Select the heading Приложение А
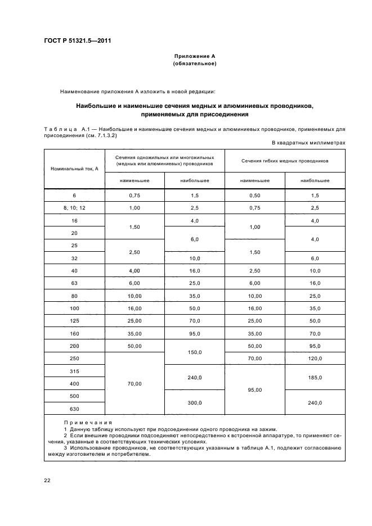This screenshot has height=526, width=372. (195, 56)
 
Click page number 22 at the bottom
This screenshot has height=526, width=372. (47, 479)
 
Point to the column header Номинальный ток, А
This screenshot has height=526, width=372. (74, 169)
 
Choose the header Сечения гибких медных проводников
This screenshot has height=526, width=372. (285, 161)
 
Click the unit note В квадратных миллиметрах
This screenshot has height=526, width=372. (309, 143)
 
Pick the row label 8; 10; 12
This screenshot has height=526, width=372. (74, 208)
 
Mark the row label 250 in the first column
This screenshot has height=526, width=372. (74, 359)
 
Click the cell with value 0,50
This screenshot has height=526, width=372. (254, 195)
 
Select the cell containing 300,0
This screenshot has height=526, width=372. (195, 402)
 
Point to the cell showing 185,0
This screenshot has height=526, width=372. (315, 379)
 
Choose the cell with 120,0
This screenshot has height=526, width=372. (315, 359)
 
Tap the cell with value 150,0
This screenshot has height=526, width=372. (195, 352)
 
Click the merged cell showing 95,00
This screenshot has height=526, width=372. (254, 389)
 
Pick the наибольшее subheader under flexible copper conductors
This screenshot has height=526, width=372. (315, 180)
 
